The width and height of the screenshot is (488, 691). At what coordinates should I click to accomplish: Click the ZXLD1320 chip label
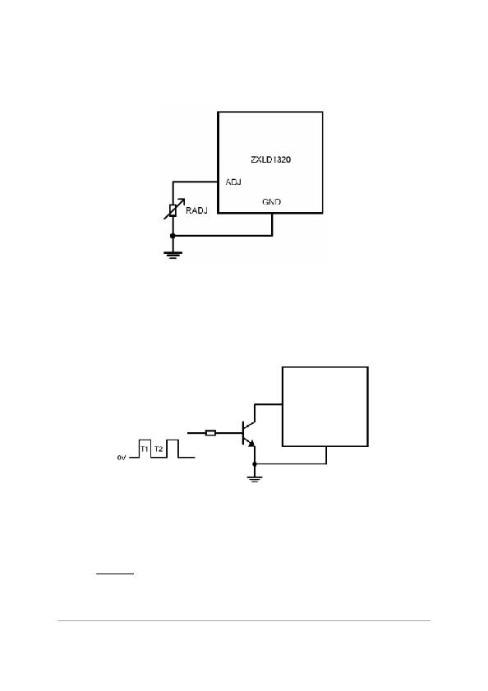pyautogui.click(x=270, y=159)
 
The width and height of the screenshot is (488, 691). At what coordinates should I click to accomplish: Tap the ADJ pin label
pyautogui.click(x=233, y=182)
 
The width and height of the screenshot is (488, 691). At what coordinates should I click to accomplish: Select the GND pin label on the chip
pyautogui.click(x=272, y=201)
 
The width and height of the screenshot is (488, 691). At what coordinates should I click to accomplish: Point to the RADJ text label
pyautogui.click(x=196, y=210)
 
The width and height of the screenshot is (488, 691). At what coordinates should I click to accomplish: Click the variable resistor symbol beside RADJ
pyautogui.click(x=173, y=210)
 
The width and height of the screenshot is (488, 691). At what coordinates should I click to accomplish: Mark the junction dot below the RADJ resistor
pyautogui.click(x=173, y=236)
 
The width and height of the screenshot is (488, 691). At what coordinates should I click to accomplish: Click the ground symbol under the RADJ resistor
pyautogui.click(x=173, y=254)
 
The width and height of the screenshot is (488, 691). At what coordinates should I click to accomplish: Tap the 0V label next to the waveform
pyautogui.click(x=122, y=458)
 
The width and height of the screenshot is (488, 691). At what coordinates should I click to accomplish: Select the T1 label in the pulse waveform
pyautogui.click(x=144, y=449)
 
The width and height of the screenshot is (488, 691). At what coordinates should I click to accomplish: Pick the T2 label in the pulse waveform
pyautogui.click(x=159, y=449)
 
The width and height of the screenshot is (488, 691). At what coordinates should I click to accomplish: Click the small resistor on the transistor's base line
pyautogui.click(x=210, y=433)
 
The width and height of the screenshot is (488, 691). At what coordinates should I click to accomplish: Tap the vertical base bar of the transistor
pyautogui.click(x=243, y=433)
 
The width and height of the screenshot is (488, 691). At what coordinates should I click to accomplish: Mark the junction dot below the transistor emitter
pyautogui.click(x=255, y=463)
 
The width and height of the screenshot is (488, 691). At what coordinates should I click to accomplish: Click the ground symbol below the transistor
pyautogui.click(x=255, y=479)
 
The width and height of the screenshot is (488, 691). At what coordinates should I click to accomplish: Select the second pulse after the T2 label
pyautogui.click(x=173, y=449)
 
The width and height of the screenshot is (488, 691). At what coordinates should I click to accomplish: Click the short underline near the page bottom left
pyautogui.click(x=115, y=574)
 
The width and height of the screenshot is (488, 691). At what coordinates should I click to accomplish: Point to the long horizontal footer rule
pyautogui.click(x=244, y=620)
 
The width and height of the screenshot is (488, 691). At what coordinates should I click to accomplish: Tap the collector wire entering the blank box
pyautogui.click(x=268, y=404)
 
